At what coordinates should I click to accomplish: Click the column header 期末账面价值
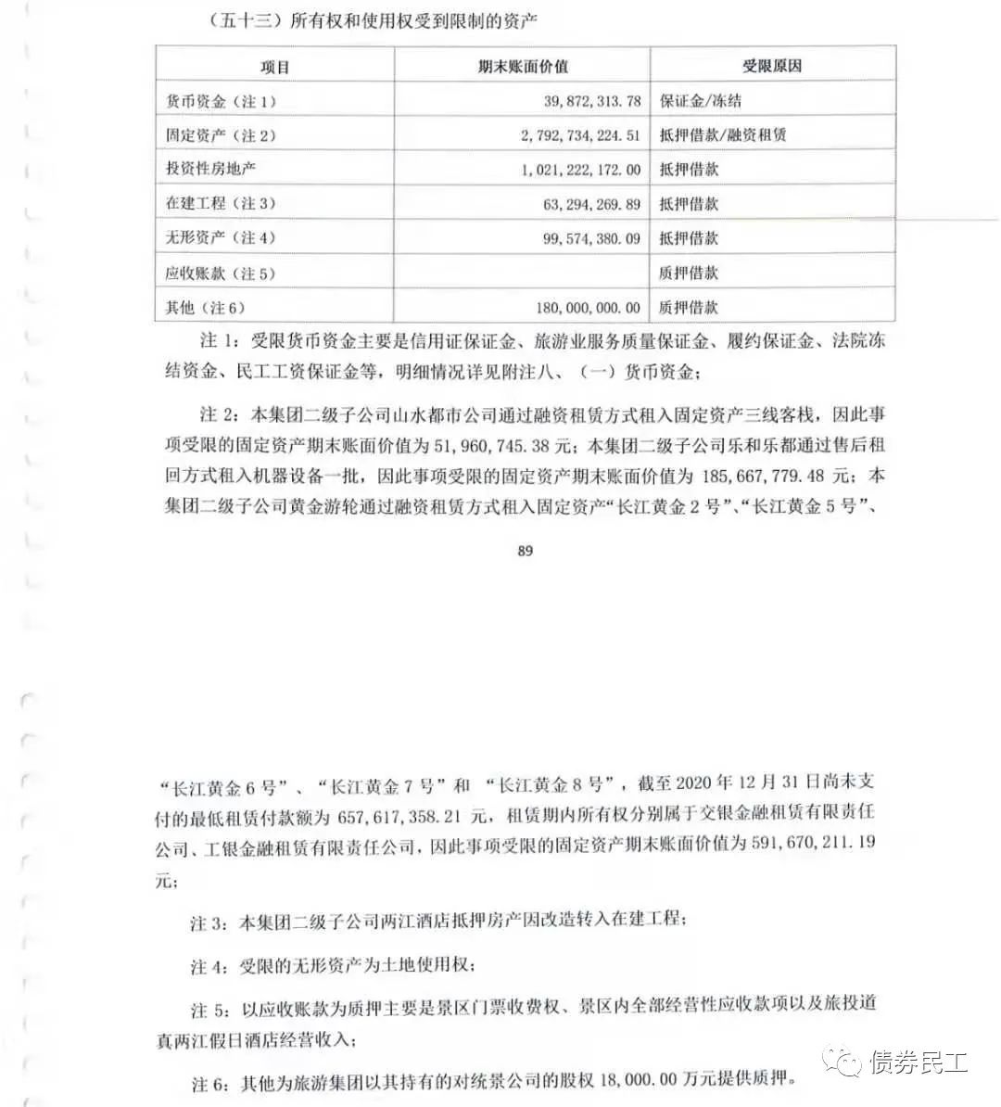tap(523, 67)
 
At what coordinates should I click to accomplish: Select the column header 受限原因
tap(771, 67)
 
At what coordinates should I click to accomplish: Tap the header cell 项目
tap(275, 67)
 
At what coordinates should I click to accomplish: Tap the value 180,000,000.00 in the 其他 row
tap(588, 307)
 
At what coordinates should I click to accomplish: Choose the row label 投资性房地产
tap(210, 170)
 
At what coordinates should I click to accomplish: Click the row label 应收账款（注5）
tap(221, 274)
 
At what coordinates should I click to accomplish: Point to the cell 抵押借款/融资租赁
tap(722, 135)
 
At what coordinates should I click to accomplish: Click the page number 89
tap(526, 550)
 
